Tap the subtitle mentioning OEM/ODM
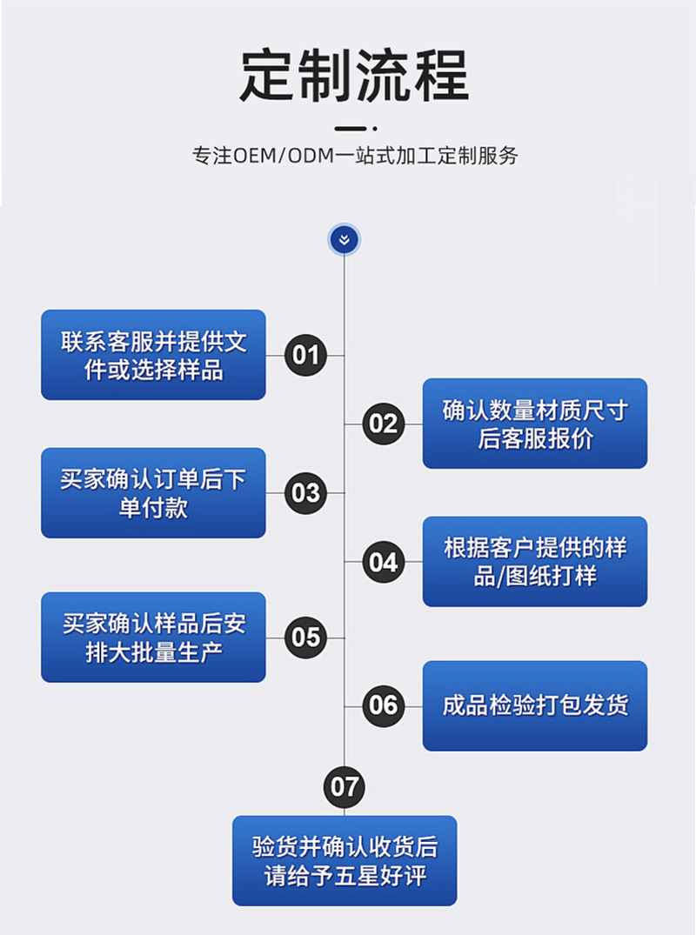[x=355, y=156]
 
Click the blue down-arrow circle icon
[x=344, y=239]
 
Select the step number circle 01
[x=305, y=355]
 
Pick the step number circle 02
[x=383, y=424]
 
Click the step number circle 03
[x=305, y=493]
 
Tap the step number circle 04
[x=383, y=562]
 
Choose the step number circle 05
[x=305, y=638]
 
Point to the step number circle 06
[x=383, y=705]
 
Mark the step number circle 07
[x=345, y=787]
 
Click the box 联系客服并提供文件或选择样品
[x=153, y=355]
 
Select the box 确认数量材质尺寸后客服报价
[x=535, y=424]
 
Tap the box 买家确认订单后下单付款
[x=153, y=493]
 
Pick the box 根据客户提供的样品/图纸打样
[x=535, y=562]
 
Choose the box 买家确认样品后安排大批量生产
[x=153, y=638]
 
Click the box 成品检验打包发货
[x=535, y=705]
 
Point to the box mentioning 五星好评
[x=345, y=860]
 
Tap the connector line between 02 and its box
[x=413, y=424]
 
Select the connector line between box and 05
[x=275, y=638]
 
